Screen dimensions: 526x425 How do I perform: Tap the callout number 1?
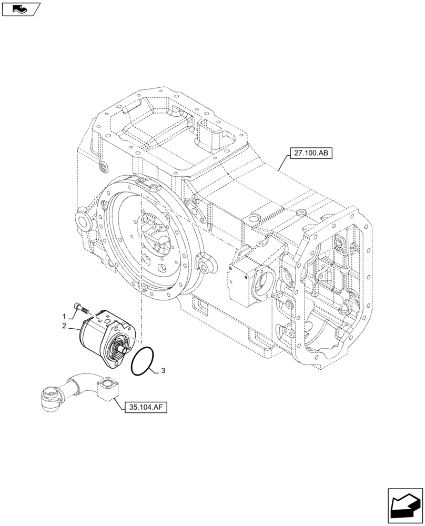tap(64, 317)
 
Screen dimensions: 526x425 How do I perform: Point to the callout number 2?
tap(64, 327)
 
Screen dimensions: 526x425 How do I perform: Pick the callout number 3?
tap(163, 371)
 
